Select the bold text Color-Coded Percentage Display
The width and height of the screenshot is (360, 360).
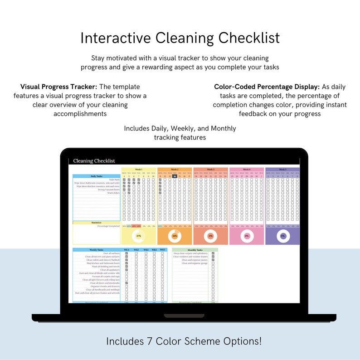[x=267, y=87]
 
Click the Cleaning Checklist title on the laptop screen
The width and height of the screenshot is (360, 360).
[x=94, y=161]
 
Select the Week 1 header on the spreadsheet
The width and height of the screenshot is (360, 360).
[x=138, y=169]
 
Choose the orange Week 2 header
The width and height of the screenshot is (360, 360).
[x=175, y=169]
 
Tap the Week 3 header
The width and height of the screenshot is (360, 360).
[x=210, y=169]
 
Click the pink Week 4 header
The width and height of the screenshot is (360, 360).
[x=247, y=169]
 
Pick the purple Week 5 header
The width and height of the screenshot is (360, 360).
[x=282, y=169]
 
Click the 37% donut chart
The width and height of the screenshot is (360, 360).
[x=138, y=236]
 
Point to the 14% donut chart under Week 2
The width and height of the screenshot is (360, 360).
[x=175, y=236]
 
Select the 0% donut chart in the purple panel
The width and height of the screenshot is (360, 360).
[x=282, y=236]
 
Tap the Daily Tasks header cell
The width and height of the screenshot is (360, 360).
[x=97, y=176]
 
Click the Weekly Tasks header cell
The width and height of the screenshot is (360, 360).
[x=97, y=250]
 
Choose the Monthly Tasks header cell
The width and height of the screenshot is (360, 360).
[x=195, y=250]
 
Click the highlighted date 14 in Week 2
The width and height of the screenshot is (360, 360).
[x=175, y=176]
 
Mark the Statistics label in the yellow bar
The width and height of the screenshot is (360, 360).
[x=97, y=223]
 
